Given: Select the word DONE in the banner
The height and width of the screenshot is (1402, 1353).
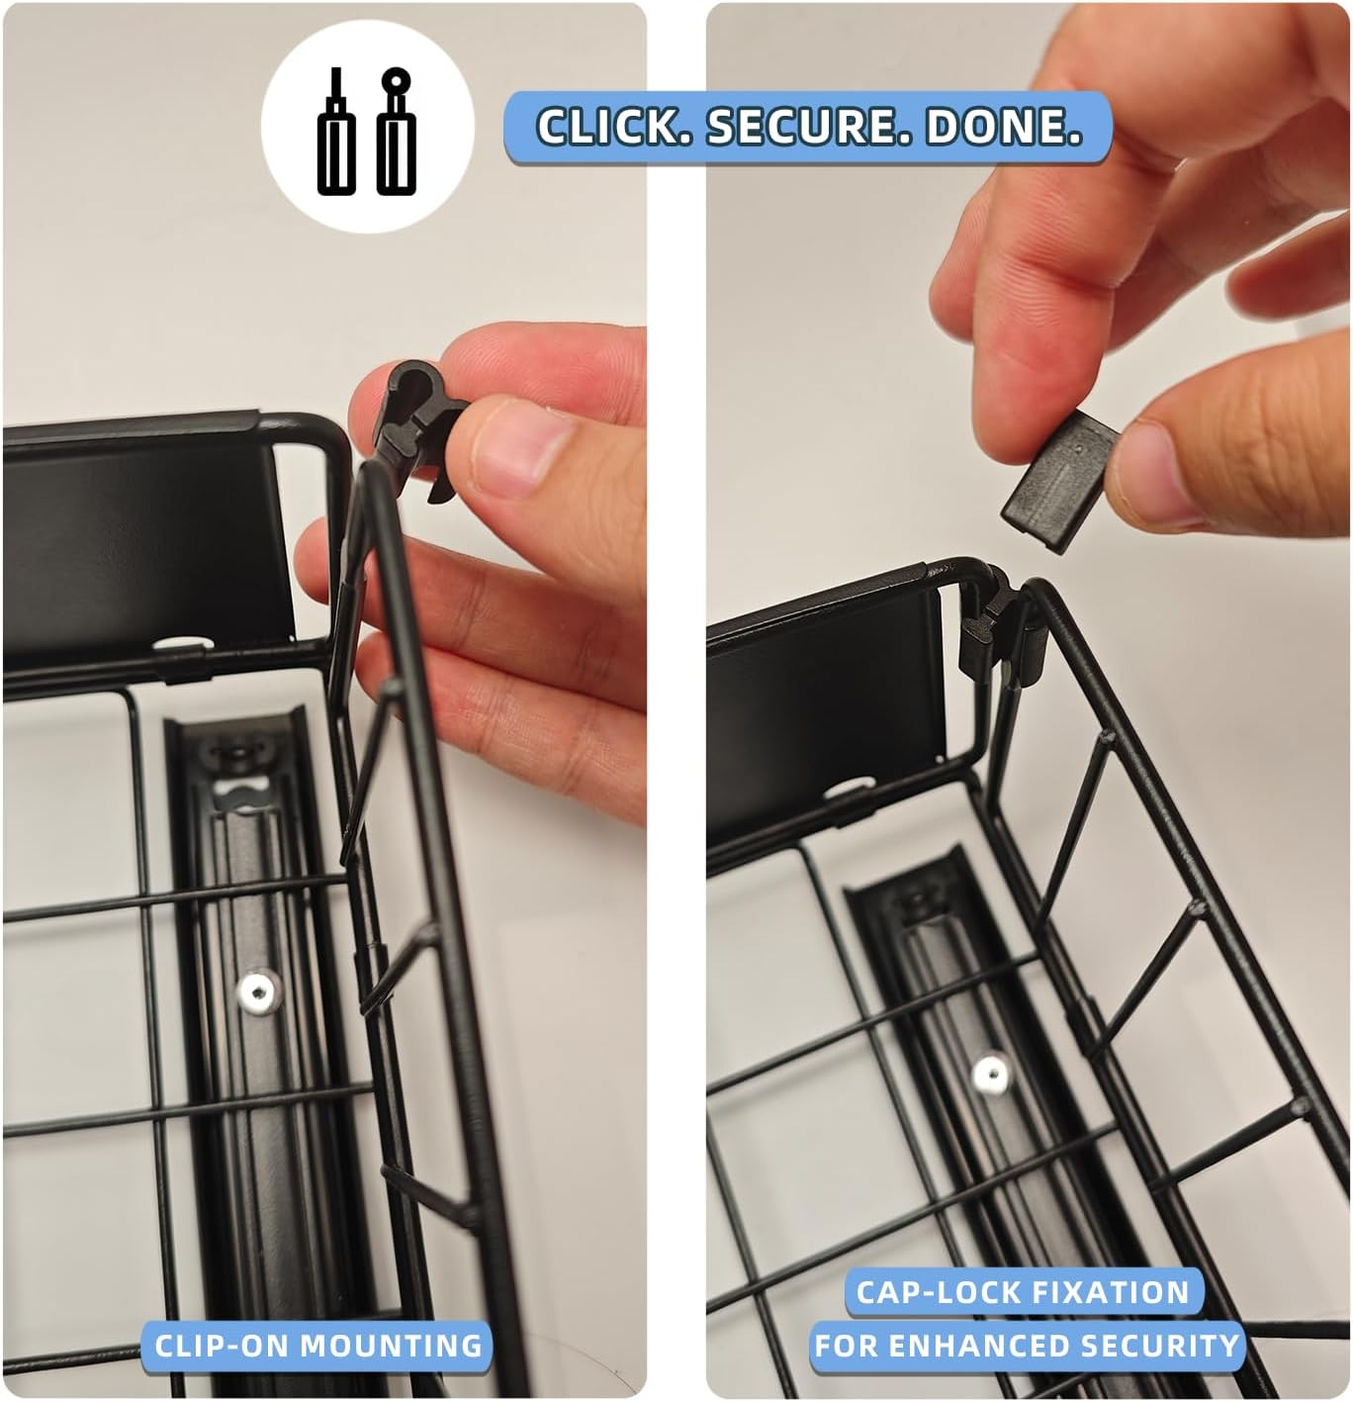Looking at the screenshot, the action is point(1004,126).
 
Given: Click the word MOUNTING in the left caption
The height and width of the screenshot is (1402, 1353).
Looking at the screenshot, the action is point(390,1345).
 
